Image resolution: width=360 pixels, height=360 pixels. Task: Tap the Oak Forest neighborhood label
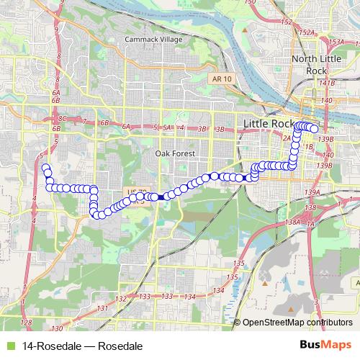[x=174, y=153]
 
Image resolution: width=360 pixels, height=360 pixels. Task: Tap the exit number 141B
[x=328, y=83]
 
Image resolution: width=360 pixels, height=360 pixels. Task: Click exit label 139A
[x=312, y=192]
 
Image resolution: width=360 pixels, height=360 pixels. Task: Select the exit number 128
[x=27, y=322]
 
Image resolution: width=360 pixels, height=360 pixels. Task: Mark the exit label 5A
[x=167, y=127]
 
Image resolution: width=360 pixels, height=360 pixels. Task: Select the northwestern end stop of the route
[x=45, y=168]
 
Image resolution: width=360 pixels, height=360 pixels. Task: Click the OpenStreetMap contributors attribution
[x=297, y=322]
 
